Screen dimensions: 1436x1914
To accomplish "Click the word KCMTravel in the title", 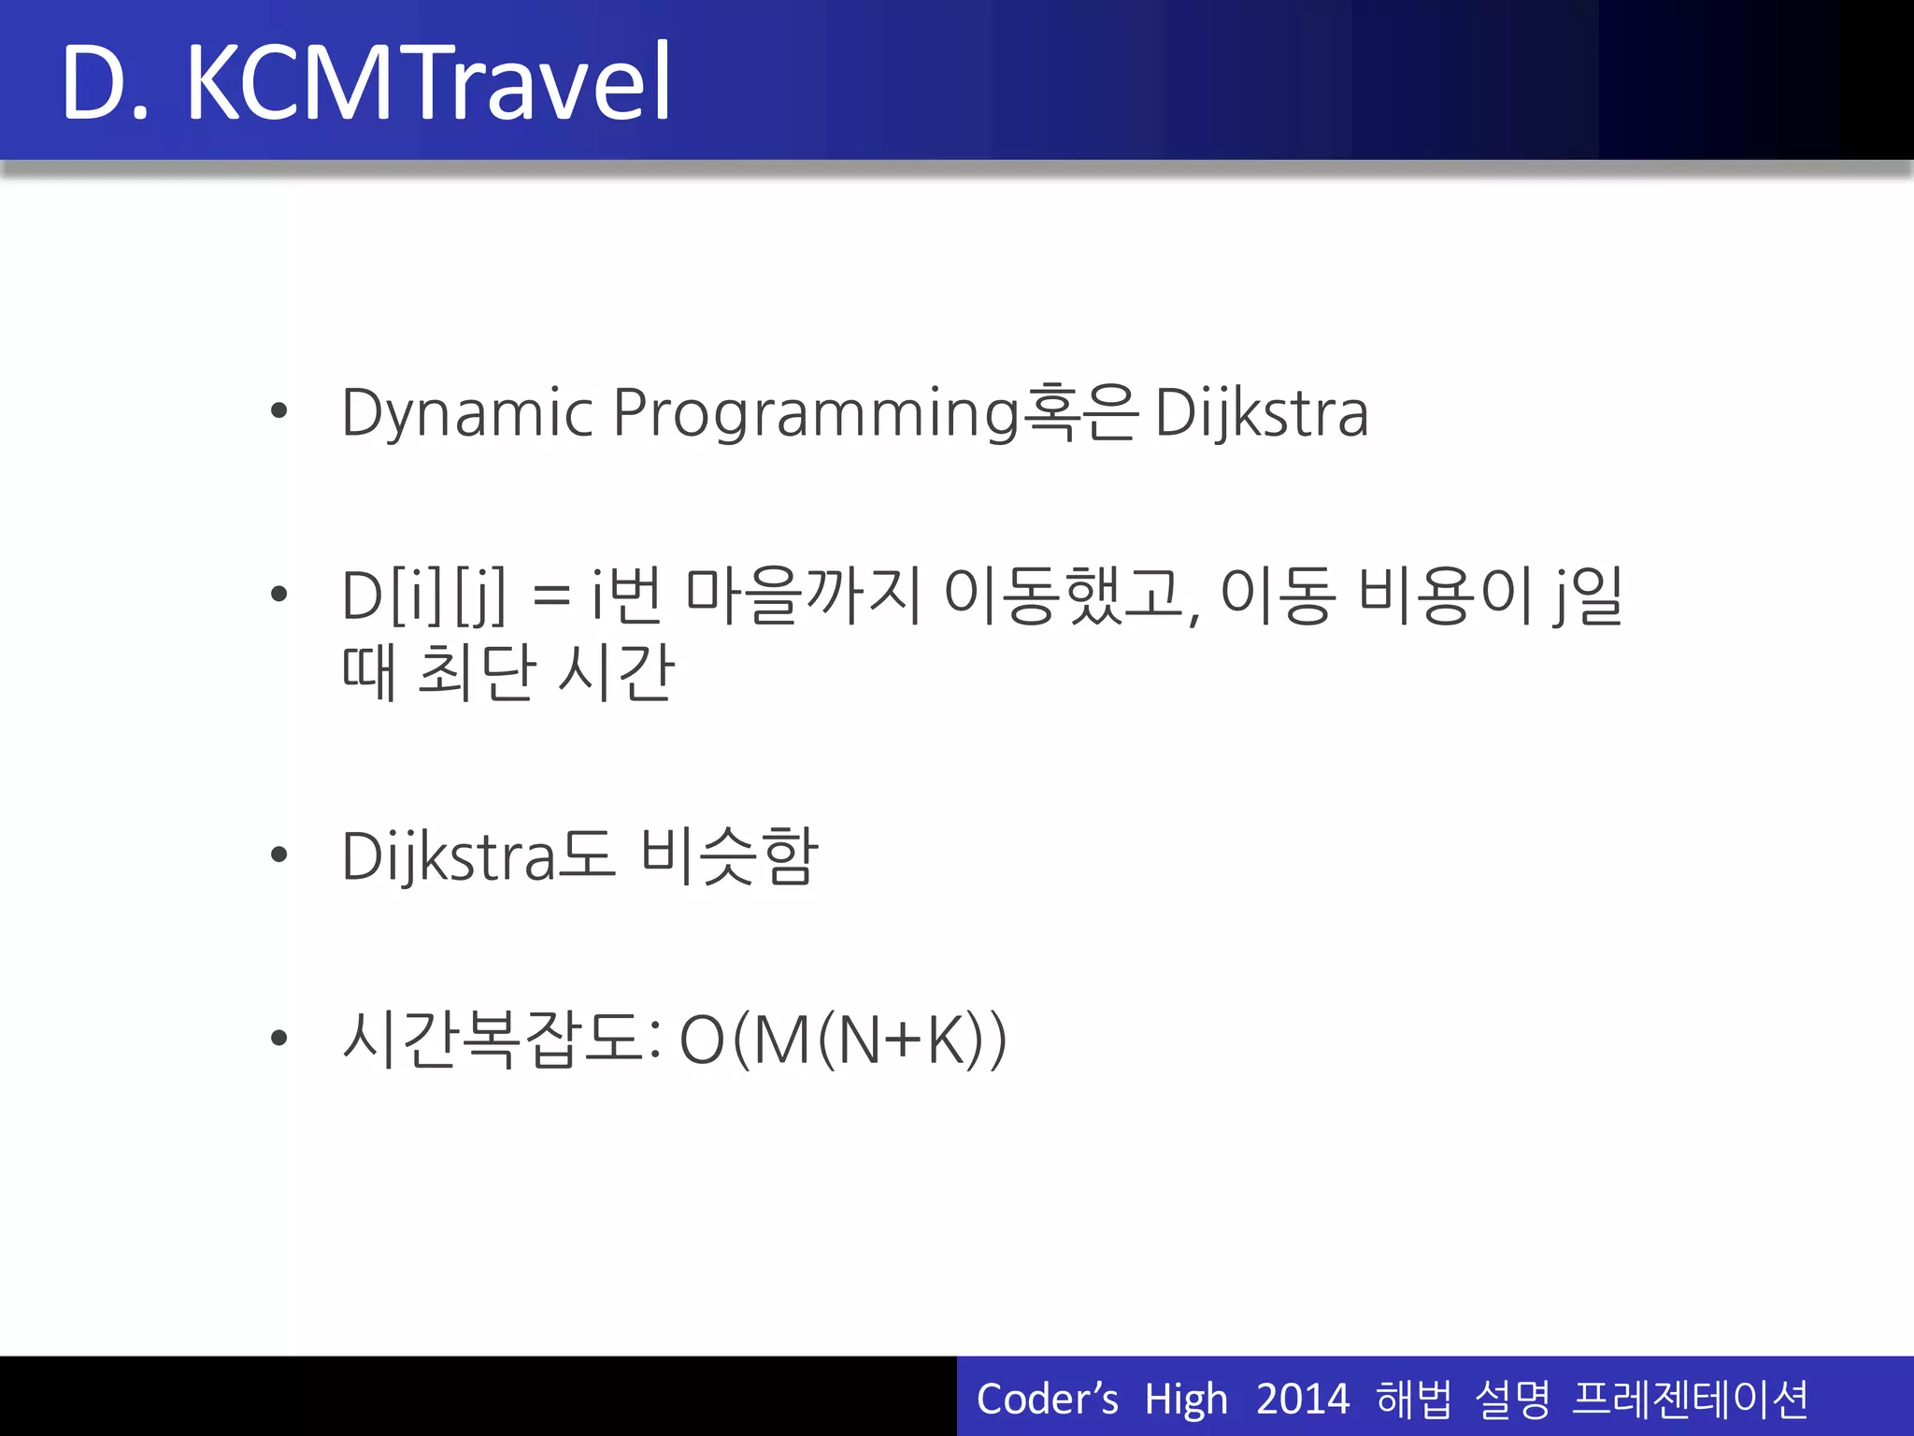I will pos(428,84).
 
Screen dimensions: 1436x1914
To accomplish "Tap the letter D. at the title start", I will pos(105,84).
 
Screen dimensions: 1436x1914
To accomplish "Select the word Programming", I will pos(815,413).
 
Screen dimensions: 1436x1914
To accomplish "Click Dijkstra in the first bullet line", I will pos(1262,413).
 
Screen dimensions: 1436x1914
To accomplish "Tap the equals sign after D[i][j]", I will pos(551,596).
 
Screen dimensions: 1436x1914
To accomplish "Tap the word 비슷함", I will pos(730,855).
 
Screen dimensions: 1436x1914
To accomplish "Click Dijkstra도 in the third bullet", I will pos(478,855).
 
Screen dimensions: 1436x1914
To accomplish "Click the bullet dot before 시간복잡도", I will pos(279,1038).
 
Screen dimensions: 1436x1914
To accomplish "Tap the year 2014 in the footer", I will pos(1302,1400).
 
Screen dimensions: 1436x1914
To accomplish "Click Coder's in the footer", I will pos(1047,1400).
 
